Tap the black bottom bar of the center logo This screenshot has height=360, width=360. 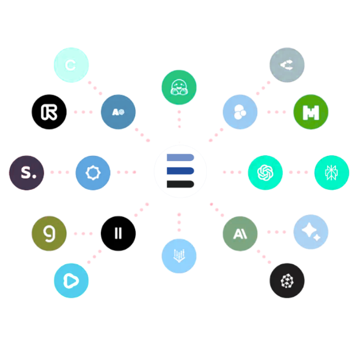[x=179, y=184]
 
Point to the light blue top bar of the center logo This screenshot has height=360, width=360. [x=179, y=157]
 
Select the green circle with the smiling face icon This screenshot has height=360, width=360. [x=179, y=87]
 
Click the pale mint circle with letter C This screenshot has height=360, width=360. [x=71, y=65]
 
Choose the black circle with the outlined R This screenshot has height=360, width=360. [x=49, y=112]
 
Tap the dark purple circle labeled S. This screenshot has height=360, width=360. [x=27, y=172]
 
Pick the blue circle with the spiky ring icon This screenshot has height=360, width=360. [x=93, y=173]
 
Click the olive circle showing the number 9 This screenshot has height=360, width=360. [x=49, y=233]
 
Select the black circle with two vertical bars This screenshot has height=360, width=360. [x=118, y=233]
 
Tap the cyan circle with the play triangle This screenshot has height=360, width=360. [x=71, y=280]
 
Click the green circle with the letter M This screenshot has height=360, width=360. [x=311, y=112]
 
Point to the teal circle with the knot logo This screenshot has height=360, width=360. [x=265, y=172]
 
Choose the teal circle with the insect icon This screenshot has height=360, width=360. [x=332, y=172]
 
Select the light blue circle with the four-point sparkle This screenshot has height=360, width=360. [x=311, y=232]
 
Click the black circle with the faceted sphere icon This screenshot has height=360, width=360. [x=287, y=280]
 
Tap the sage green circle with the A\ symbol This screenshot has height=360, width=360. [x=240, y=233]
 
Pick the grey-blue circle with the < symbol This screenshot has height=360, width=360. [x=287, y=65]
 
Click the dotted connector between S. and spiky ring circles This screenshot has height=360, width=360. [x=60, y=172]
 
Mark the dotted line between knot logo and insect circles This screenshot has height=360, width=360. [x=298, y=172]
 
